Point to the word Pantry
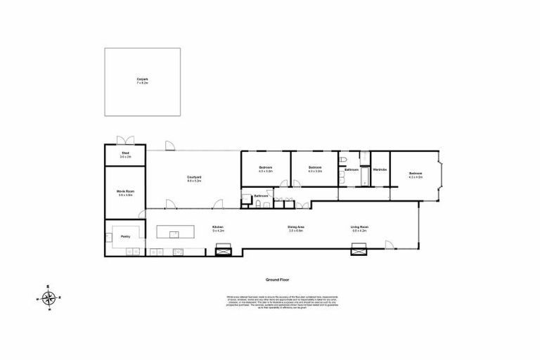tap(125, 237)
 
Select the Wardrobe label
tap(380, 169)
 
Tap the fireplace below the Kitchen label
tap(224, 249)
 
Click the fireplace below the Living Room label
tap(359, 249)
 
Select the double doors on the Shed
tap(125, 140)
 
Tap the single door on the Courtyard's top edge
tap(170, 146)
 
